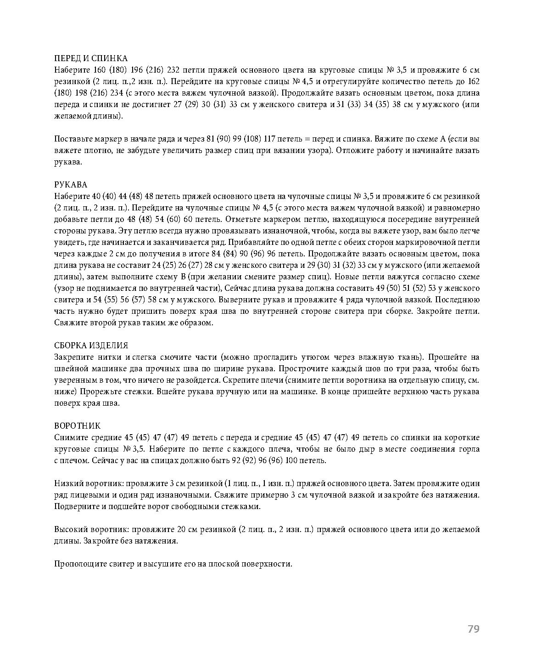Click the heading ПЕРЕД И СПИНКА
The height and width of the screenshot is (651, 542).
pyautogui.click(x=90, y=58)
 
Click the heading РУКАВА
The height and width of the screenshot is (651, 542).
pyautogui.click(x=70, y=185)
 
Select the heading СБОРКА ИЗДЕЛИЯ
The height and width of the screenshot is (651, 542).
pyautogui.click(x=91, y=345)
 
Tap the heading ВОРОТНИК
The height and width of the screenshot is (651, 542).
pyautogui.click(x=77, y=425)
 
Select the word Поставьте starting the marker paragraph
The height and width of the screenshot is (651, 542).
pyautogui.click(x=73, y=139)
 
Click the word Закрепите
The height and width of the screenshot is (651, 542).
pyautogui.click(x=73, y=357)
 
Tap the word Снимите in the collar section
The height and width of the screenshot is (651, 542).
pyautogui.click(x=70, y=437)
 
